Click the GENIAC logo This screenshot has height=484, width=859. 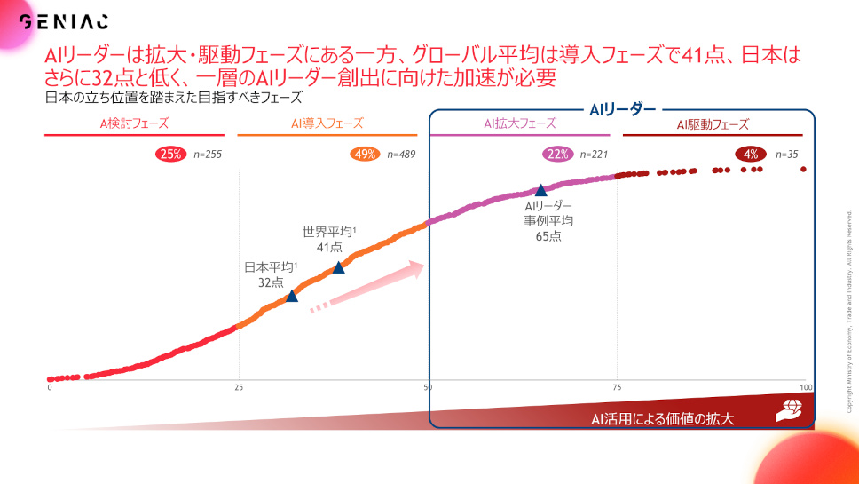64,21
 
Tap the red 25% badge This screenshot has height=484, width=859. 170,154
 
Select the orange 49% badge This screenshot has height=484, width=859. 365,154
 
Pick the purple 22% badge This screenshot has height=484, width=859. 557,154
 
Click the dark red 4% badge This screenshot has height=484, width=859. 751,154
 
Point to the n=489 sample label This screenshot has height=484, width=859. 401,155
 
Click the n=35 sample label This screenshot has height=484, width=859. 787,155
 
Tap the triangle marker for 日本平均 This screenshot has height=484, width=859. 292,296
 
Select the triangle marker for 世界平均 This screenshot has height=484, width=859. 339,267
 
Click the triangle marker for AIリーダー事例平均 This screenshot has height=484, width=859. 540,190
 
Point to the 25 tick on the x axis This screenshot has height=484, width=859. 239,387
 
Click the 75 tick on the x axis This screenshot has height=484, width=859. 617,387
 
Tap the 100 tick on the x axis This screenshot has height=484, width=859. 806,387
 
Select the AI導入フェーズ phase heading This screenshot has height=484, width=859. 327,123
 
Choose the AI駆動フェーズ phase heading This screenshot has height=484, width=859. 713,124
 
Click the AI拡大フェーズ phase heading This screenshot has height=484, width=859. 520,123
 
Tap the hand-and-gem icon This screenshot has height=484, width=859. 789,410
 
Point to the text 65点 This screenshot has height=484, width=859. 548,237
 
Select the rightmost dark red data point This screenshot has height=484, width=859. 803,170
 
